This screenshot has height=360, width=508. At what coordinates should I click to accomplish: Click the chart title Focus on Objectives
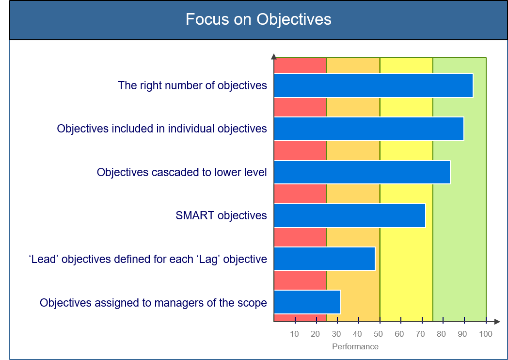point(258,19)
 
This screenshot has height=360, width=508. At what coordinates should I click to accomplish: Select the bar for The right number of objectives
point(374,85)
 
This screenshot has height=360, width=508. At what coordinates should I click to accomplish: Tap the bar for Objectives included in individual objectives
point(369,129)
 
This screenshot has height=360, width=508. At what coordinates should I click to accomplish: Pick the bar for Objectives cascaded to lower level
point(362,172)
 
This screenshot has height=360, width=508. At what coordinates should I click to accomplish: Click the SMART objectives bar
point(350,216)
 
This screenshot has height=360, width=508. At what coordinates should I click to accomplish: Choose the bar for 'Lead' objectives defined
point(325,259)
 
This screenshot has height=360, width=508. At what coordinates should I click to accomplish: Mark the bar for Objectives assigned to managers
point(307,302)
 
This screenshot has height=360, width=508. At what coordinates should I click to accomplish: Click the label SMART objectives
point(221,215)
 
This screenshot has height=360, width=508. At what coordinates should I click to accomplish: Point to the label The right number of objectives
point(192,85)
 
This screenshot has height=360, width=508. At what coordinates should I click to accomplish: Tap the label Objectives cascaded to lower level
point(182,172)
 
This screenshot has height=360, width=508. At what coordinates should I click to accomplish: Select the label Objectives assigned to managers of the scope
point(153,303)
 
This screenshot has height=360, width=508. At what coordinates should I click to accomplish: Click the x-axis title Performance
point(355,347)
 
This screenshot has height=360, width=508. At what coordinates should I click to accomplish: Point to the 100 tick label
point(486,334)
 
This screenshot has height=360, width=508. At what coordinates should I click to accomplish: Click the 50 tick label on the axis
point(379,334)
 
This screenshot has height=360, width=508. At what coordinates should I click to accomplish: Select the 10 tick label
point(294,334)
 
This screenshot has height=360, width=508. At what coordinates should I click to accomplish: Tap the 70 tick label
point(420,334)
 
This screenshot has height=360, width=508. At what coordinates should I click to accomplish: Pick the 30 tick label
point(336,334)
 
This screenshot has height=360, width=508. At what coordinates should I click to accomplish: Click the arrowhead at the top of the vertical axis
point(274,56)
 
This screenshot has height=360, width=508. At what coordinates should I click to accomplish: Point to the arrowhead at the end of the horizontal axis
point(497,321)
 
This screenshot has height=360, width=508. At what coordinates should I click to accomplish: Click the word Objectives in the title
point(294,19)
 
